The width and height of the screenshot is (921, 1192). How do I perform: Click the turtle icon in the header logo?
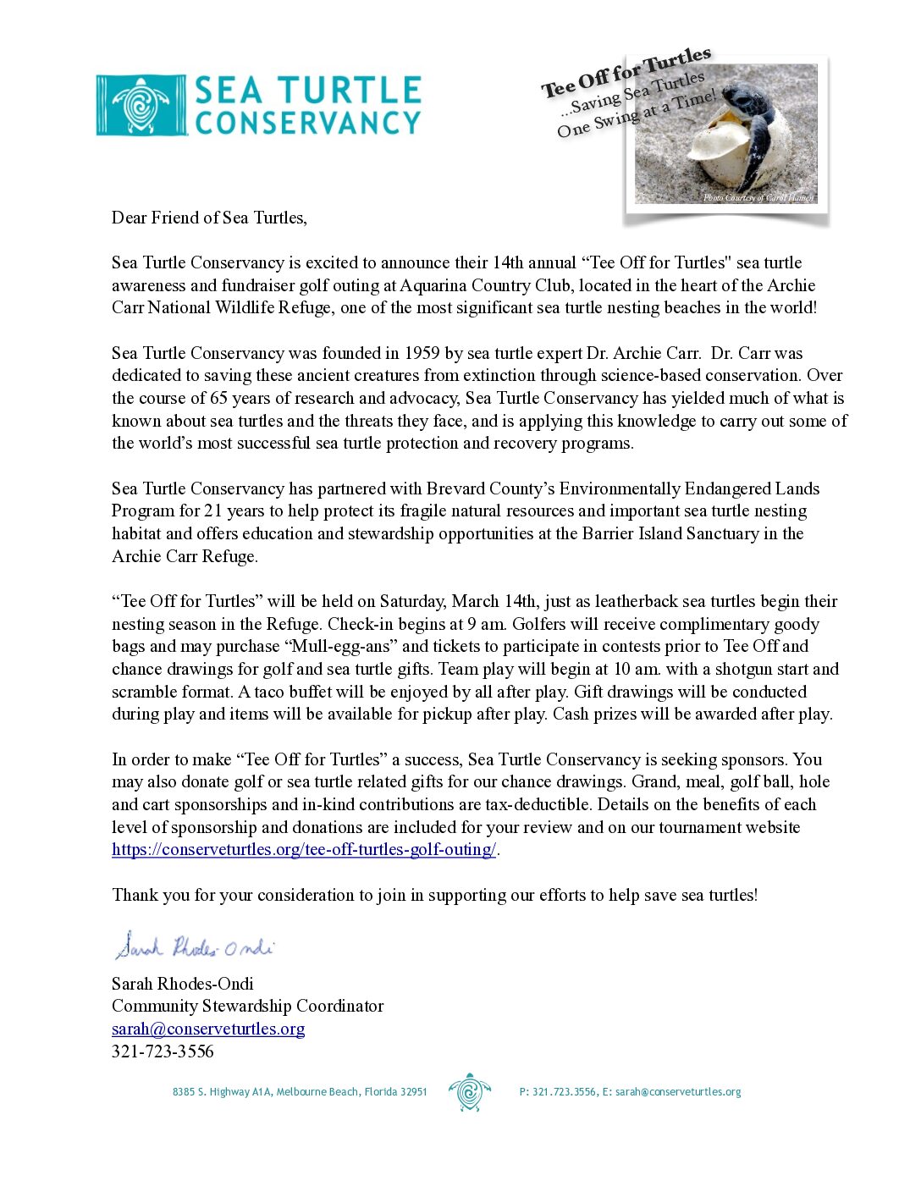pos(141,106)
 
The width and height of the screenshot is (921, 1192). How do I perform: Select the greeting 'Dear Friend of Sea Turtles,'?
pos(209,218)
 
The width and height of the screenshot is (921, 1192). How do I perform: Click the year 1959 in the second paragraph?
pos(422,353)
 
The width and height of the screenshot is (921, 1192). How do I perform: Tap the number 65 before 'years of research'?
pos(219,398)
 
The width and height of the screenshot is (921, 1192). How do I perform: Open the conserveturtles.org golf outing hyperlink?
pos(304,849)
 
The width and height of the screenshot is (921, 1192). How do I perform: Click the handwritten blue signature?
pos(195,946)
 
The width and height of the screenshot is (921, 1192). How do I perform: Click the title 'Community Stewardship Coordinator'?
pos(247,1006)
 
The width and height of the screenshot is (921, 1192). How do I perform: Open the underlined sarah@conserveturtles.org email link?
pos(208,1029)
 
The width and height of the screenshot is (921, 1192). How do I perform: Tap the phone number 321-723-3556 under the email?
pos(163,1051)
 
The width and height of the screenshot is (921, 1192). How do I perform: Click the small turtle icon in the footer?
pos(469,1092)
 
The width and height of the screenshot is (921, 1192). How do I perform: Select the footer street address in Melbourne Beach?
pos(300,1092)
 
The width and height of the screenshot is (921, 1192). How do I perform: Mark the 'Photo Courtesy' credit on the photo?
pos(758,197)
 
